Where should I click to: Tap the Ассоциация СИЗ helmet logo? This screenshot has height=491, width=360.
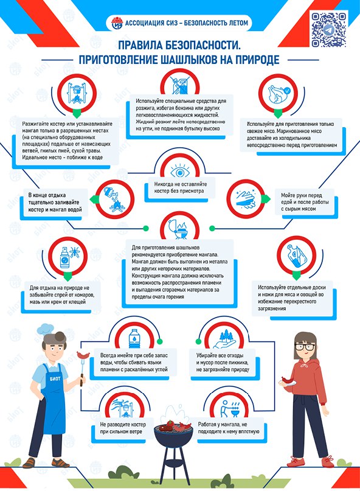(117, 23)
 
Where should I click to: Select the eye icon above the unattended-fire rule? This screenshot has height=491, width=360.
(179, 172)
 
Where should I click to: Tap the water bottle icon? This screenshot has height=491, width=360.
(134, 338)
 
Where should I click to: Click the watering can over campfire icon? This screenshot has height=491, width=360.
(114, 200)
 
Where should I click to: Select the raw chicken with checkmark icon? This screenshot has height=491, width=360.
(278, 94)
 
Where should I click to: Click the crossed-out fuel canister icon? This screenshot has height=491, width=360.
(179, 84)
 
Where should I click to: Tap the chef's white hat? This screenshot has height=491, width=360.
(46, 329)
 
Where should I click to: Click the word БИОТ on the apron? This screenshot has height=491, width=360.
(55, 378)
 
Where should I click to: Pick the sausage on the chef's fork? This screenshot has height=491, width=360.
(83, 355)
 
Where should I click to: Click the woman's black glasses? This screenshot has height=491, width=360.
(305, 347)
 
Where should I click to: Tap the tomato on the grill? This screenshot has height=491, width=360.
(170, 424)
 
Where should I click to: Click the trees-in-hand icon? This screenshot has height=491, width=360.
(224, 338)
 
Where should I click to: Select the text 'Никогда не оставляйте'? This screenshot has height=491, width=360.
(181, 184)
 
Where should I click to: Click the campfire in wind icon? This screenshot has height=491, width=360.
(124, 408)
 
